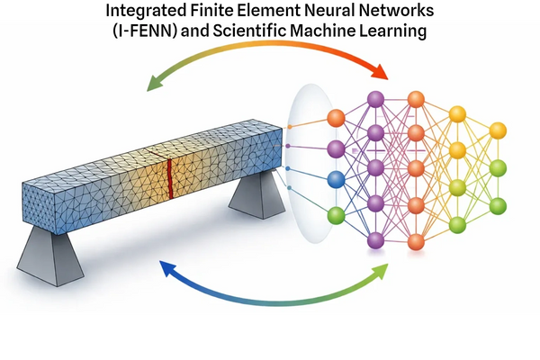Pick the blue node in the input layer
coord(336,180)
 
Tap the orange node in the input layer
coord(336,118)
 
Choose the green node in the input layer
coord(336,215)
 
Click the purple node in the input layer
coord(336,148)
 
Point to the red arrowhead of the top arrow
coord(382,73)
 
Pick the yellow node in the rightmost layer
coord(498,130)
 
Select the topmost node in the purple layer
coord(375,99)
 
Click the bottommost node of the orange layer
coord(416,241)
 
